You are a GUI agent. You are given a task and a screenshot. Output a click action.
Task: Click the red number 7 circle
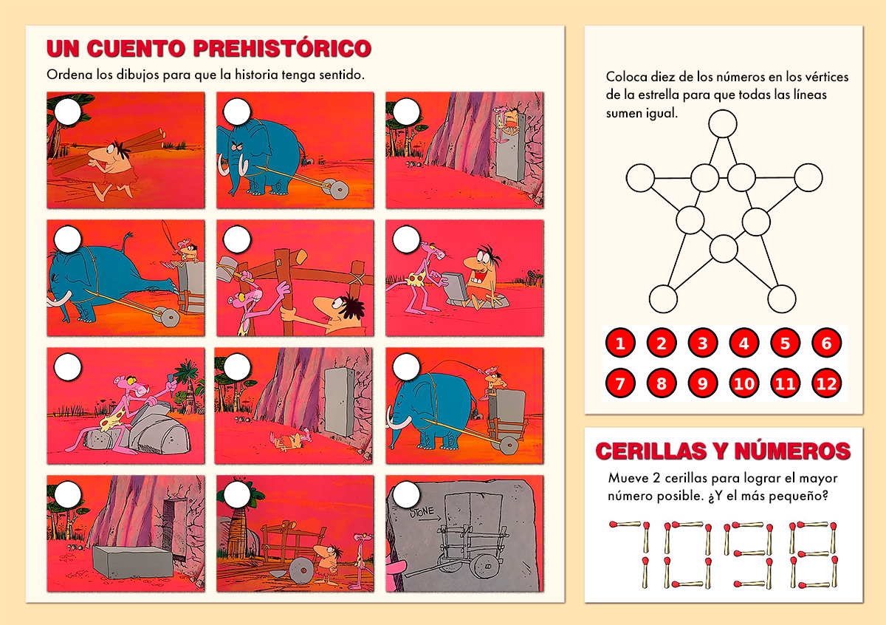pos(620,383)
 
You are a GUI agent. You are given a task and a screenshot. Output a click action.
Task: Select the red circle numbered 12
pos(826,383)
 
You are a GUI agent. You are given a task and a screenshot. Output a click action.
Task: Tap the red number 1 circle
pos(620,343)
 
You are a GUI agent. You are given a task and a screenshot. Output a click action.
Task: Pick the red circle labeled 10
pos(744,383)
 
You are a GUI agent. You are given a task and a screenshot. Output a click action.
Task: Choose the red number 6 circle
pos(826,343)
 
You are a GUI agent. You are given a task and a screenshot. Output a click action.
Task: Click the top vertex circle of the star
pos(722,124)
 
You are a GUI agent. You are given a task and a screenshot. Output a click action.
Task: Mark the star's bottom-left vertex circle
pos(663,298)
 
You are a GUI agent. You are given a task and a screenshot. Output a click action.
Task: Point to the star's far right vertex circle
pos(808,177)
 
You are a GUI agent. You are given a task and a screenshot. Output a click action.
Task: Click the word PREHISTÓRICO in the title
pos(281,49)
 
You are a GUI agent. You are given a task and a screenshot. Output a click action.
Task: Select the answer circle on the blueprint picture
pos(406,494)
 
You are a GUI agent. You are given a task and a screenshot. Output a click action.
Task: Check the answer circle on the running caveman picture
pos(68,112)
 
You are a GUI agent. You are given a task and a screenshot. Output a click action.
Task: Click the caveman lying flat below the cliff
pos(288,442)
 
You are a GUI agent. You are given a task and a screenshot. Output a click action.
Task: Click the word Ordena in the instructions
pos(67,75)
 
